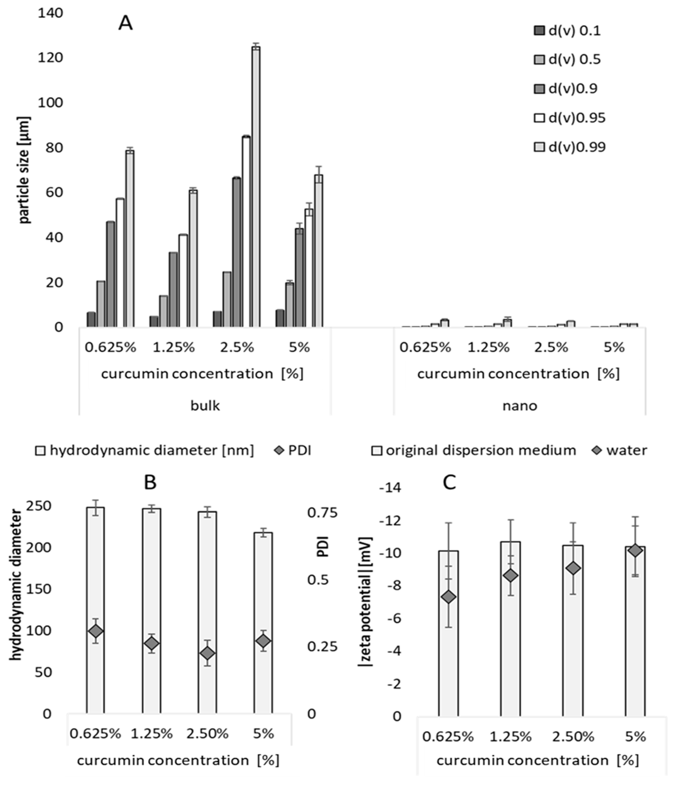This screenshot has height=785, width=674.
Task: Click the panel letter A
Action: pyautogui.click(x=125, y=24)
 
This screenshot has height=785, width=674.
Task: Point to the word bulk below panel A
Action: pyautogui.click(x=205, y=406)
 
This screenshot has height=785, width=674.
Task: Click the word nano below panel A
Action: pyautogui.click(x=520, y=406)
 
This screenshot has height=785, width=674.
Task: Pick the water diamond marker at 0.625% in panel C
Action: pyautogui.click(x=449, y=597)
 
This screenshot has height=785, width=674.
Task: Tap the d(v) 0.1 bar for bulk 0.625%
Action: pyautogui.click(x=91, y=319)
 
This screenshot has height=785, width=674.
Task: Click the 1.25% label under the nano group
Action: pyautogui.click(x=488, y=347)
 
